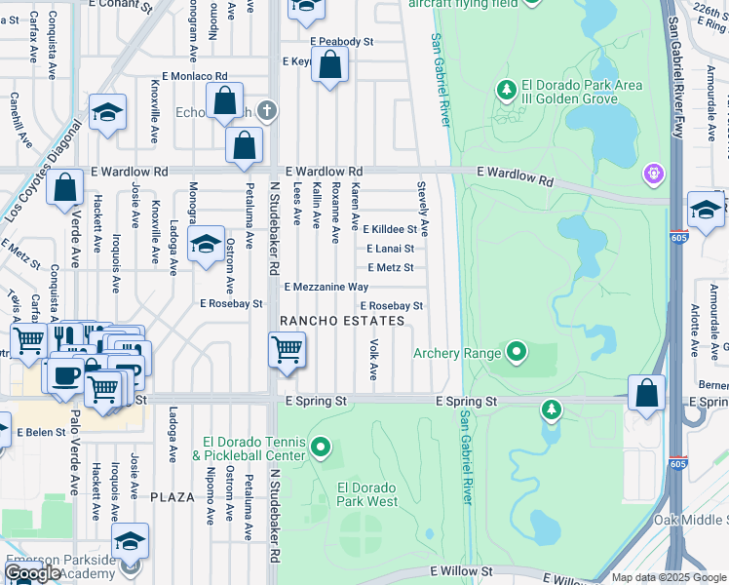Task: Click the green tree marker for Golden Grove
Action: (x=506, y=91)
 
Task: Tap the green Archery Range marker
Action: (x=516, y=352)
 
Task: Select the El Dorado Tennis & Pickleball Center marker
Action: (x=321, y=448)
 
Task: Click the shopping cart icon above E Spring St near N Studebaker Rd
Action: (x=287, y=348)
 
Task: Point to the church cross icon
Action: (x=263, y=111)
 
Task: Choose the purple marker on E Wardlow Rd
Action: (x=652, y=175)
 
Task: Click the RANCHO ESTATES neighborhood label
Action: (x=342, y=321)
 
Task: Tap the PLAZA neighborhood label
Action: (x=173, y=496)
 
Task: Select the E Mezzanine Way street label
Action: (x=326, y=287)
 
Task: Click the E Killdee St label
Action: (x=390, y=230)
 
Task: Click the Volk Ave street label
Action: (x=373, y=360)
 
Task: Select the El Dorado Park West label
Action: (x=367, y=494)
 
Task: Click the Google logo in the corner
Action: (x=31, y=573)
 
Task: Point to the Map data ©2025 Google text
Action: (x=669, y=577)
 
